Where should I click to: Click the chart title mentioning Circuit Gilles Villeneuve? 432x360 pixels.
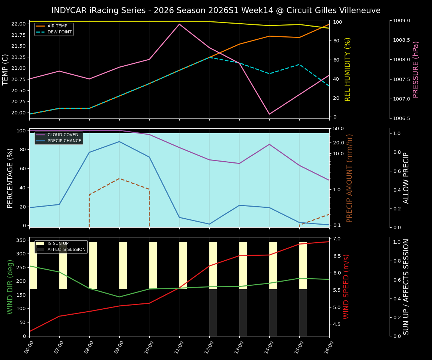click(216, 10)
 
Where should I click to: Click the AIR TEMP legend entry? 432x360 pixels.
click(55, 26)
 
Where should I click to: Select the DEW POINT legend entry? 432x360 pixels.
click(55, 32)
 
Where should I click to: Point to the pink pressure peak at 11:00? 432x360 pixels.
click(179, 24)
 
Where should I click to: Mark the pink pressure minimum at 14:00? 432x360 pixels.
click(269, 114)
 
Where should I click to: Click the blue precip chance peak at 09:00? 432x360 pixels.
click(119, 141)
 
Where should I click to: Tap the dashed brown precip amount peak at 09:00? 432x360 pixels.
click(119, 178)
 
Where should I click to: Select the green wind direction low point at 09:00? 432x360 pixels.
click(119, 297)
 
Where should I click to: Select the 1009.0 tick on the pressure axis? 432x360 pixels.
click(401, 21)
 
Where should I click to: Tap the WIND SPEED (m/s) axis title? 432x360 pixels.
click(346, 286)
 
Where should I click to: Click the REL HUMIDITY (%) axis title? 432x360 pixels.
click(348, 69)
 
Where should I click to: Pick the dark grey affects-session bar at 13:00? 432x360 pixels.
click(243, 312)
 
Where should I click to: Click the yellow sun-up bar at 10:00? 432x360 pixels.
click(153, 265)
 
